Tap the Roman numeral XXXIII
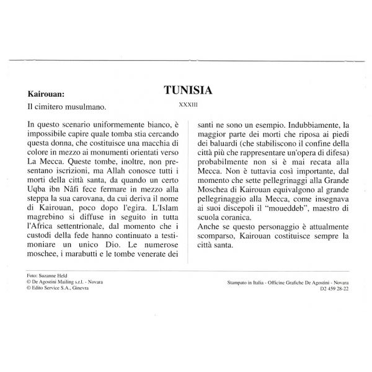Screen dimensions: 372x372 click(188, 105)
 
